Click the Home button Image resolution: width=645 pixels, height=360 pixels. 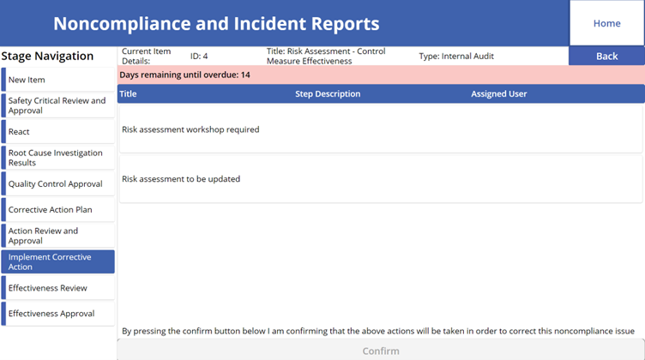[606, 23]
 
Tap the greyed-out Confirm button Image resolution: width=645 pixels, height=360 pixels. [381, 351]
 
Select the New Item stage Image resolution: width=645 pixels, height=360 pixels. [58, 80]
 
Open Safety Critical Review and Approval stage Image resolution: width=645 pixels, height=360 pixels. [58, 105]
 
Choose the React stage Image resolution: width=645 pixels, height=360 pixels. [58, 131]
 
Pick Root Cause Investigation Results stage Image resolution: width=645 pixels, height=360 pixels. [58, 158]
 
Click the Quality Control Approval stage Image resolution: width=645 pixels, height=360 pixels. [58, 183]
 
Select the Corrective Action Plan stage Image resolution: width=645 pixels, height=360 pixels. [58, 210]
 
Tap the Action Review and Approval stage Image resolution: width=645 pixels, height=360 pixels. [58, 236]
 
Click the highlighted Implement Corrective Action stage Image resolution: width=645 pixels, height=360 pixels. [58, 261]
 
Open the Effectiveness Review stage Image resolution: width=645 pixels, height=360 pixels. [58, 288]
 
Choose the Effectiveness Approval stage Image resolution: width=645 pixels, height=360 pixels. [58, 314]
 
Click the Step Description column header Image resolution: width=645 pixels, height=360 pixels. [328, 93]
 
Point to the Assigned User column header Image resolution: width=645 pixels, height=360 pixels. [498, 93]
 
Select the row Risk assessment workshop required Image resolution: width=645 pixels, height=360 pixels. [381, 129]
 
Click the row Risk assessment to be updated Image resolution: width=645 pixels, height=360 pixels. [381, 179]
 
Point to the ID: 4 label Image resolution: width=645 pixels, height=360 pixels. [199, 56]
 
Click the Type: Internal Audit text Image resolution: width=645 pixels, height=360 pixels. [456, 56]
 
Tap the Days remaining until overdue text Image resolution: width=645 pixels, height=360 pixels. [184, 75]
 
